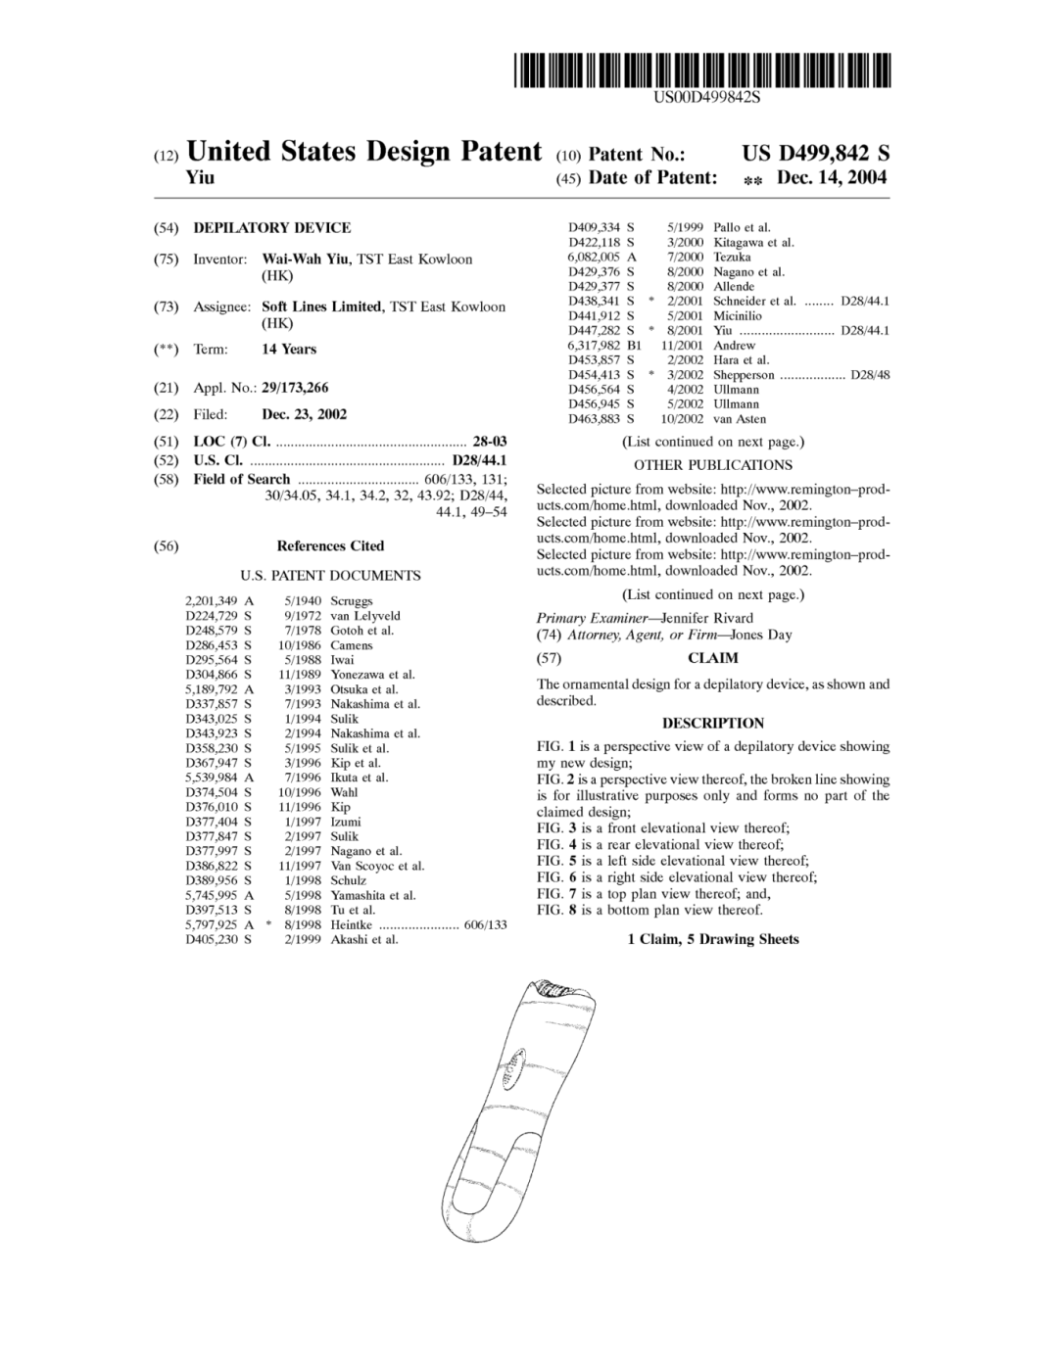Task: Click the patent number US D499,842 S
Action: coord(815,153)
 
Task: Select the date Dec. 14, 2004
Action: coord(831,178)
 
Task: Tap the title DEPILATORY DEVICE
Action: coord(271,228)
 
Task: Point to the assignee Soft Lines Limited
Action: coord(321,307)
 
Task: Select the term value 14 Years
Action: coord(289,350)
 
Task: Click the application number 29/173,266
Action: coord(295,389)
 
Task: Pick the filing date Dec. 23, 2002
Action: coord(304,414)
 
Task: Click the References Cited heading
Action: coord(330,546)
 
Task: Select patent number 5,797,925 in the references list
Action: coord(212,924)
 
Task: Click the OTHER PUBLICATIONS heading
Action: coord(712,465)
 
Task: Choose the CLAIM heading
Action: coord(712,658)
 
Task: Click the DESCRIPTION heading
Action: coord(712,724)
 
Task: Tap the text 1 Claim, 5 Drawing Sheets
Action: coord(712,939)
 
